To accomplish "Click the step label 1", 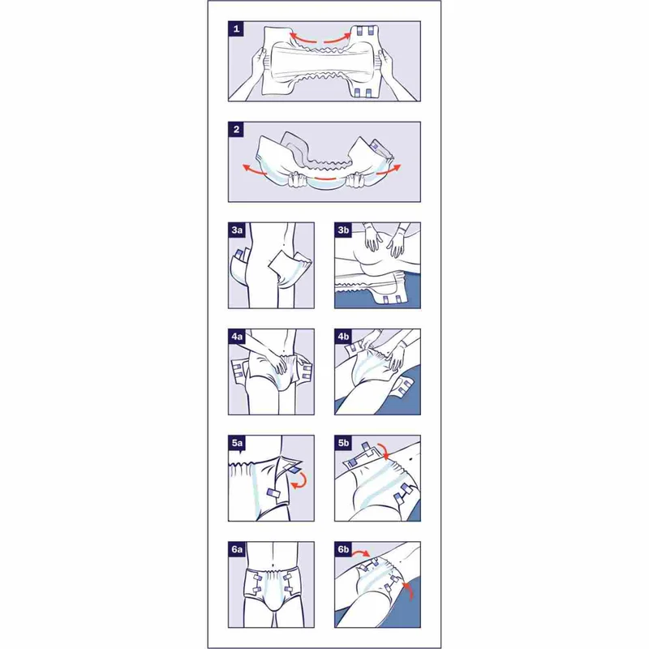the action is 236,28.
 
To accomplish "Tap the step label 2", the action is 236,129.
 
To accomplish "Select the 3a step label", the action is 237,230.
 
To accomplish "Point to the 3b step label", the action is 343,230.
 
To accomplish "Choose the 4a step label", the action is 237,336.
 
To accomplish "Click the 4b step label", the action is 343,336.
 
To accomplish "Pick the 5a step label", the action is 237,442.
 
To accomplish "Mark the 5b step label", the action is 343,442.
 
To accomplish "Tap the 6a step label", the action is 237,549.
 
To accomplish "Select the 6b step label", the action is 343,549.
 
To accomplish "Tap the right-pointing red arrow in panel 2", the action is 389,169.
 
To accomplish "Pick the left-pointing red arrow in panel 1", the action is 303,38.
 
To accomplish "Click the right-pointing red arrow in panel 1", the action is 338,38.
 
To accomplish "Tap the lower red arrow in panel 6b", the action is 410,590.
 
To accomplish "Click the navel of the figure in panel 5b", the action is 410,459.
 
